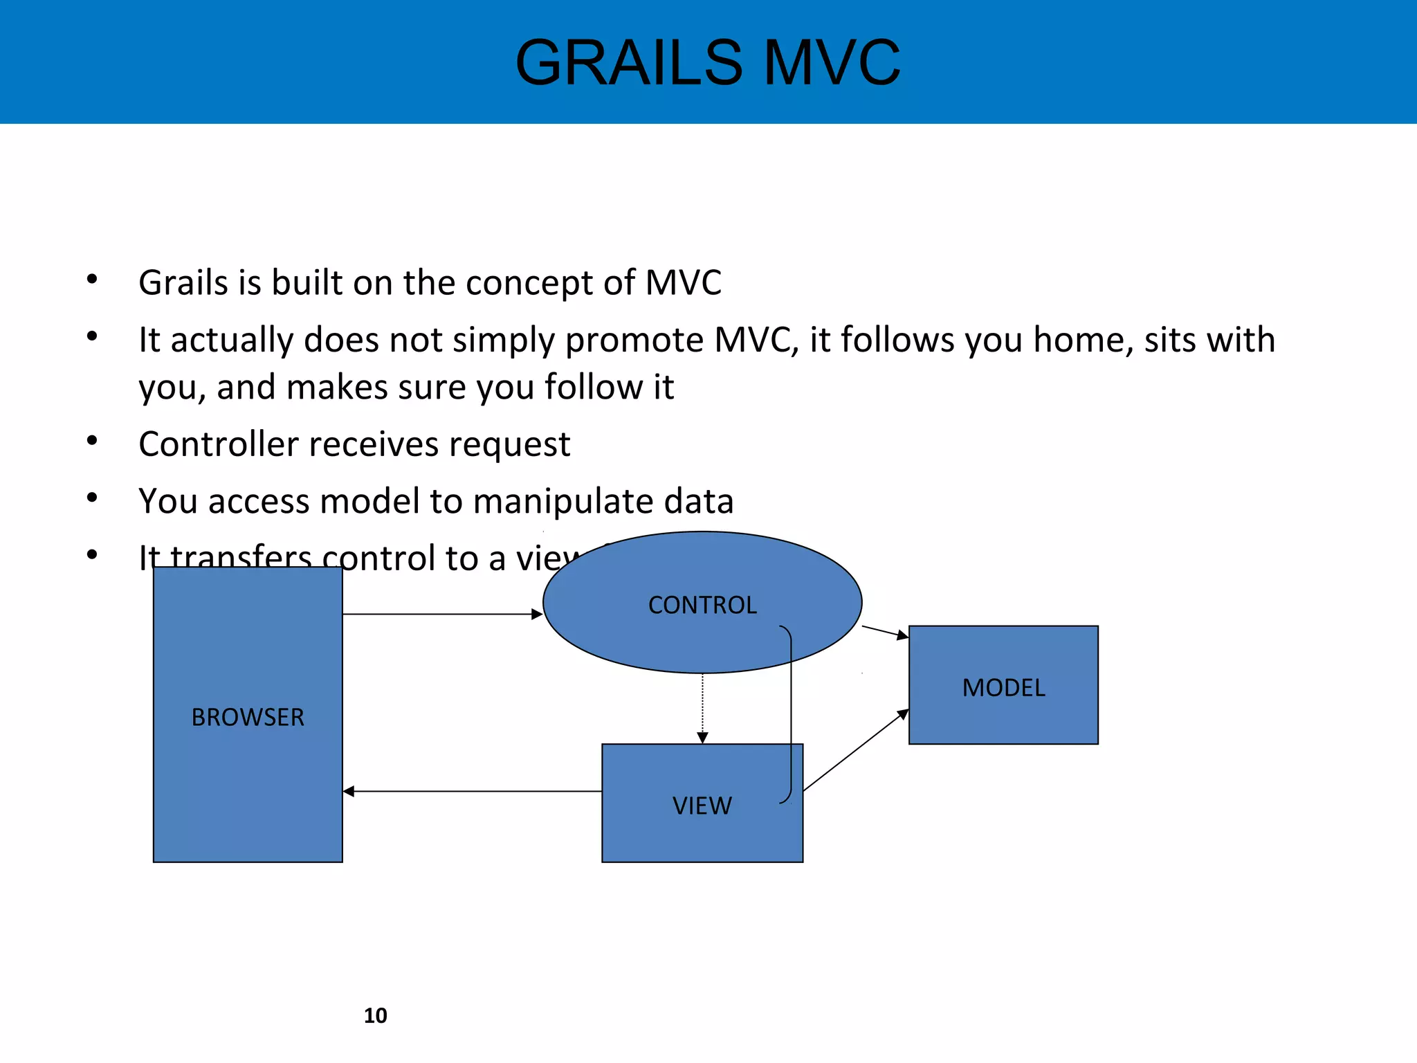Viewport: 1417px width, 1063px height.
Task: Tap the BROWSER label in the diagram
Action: [248, 718]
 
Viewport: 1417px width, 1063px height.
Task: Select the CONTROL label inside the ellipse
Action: [702, 606]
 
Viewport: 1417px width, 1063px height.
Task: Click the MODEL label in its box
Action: [1003, 688]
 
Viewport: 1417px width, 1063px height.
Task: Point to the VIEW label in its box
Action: [702, 806]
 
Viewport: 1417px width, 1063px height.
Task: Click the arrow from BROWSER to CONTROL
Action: [443, 614]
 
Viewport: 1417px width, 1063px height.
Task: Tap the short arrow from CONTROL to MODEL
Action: [885, 632]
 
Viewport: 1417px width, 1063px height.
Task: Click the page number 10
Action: [375, 1015]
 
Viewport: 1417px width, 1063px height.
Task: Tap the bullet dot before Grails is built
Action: [92, 280]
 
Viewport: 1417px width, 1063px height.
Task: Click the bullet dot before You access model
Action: [92, 498]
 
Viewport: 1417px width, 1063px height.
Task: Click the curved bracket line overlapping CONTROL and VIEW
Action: [791, 713]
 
